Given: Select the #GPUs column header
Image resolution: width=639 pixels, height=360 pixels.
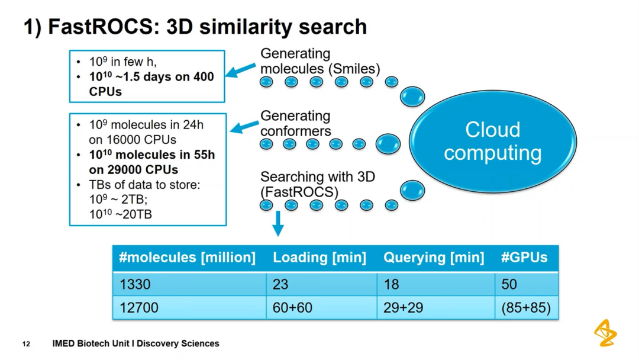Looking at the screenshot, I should [x=524, y=258].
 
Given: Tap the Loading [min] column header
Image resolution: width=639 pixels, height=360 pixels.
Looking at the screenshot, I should [x=319, y=258].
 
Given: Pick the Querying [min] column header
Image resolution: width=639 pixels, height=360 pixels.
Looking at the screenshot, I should [x=433, y=258].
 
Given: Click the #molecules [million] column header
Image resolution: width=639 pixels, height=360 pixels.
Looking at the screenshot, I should [x=187, y=258].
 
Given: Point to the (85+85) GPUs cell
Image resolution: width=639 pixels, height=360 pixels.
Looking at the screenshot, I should [x=525, y=308].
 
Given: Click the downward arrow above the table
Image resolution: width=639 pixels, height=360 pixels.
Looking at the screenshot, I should [x=278, y=223].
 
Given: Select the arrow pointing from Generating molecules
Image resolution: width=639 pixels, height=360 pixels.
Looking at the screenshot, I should [x=241, y=70].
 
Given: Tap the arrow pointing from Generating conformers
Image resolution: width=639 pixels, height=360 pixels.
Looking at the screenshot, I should [x=244, y=126].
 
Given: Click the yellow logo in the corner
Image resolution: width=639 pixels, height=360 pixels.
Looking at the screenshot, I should [x=605, y=333].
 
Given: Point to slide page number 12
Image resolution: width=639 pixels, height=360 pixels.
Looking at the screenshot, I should [x=26, y=344].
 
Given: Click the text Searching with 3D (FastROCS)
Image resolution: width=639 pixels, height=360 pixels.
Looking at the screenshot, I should [x=317, y=184].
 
